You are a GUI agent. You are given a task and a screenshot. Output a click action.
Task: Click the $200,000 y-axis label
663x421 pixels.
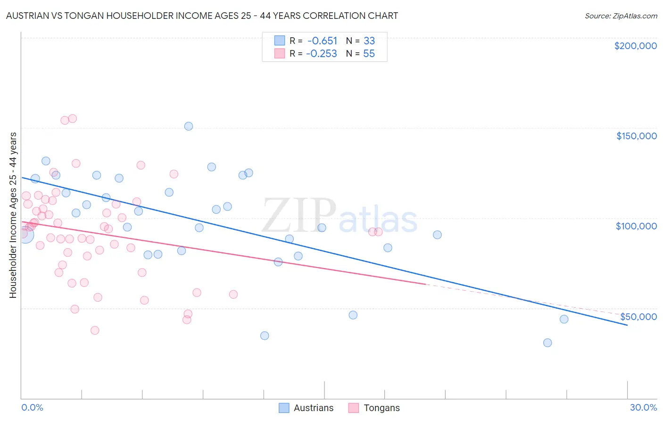pyautogui.click(x=635, y=46)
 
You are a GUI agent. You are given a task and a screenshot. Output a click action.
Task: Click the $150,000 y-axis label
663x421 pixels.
pyautogui.click(x=636, y=136)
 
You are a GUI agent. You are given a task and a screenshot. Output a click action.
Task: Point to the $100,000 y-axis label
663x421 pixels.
pyautogui.click(x=636, y=226)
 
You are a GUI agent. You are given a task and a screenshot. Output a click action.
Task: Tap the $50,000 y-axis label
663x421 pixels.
pyautogui.click(x=638, y=317)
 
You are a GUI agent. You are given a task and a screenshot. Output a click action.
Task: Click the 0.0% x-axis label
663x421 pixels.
pyautogui.click(x=32, y=407)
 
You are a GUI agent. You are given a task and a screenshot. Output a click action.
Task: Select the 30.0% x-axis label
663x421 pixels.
pyautogui.click(x=643, y=407)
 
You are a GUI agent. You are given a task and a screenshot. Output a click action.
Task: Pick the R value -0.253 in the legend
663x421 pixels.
pyautogui.click(x=322, y=54)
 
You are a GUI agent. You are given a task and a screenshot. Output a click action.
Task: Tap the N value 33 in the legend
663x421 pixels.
pyautogui.click(x=369, y=41)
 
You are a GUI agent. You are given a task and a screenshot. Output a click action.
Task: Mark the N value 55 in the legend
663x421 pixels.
pyautogui.click(x=369, y=54)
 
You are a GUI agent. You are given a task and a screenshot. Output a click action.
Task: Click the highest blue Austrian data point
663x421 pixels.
pyautogui.click(x=189, y=126)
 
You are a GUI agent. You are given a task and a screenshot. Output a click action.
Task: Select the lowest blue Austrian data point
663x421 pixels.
pyautogui.click(x=547, y=343)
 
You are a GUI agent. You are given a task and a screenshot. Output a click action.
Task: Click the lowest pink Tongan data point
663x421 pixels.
pyautogui.click(x=95, y=330)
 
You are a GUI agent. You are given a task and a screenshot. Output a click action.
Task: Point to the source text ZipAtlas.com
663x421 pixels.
pyautogui.click(x=621, y=16)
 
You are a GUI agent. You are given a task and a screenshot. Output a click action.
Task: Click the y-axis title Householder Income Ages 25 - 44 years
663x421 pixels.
pyautogui.click(x=13, y=215)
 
